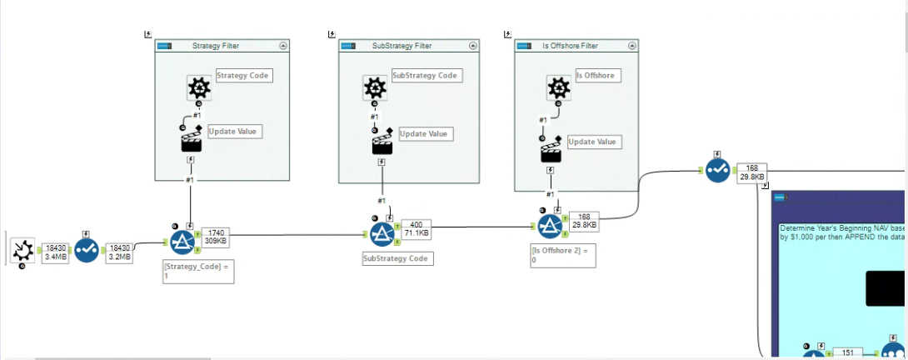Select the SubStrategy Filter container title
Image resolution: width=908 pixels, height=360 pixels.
pos(402,46)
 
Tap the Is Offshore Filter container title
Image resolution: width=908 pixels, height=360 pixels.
pos(570,46)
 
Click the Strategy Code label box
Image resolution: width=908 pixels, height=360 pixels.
pos(244,75)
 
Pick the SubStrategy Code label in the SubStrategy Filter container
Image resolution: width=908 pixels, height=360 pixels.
pos(426,75)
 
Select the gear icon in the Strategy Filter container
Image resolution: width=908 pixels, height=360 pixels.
pos(198,87)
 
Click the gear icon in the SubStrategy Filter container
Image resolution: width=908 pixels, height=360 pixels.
pos(376,87)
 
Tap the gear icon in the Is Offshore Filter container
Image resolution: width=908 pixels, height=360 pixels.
pos(558,87)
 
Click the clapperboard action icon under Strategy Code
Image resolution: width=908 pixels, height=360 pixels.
pos(192,140)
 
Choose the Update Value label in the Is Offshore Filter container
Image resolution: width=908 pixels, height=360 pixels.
pos(594,142)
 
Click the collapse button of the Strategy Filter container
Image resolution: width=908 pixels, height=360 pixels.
pos(282,46)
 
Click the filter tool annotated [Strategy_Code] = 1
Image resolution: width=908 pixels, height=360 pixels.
pos(182,242)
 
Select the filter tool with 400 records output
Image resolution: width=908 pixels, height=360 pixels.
pos(382,234)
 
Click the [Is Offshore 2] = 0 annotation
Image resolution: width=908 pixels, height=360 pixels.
pos(563,255)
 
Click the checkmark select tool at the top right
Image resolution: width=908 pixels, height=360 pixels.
pos(717,170)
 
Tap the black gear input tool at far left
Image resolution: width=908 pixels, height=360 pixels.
pos(22,249)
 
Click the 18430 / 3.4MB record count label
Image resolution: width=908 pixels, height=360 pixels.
pos(56,252)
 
